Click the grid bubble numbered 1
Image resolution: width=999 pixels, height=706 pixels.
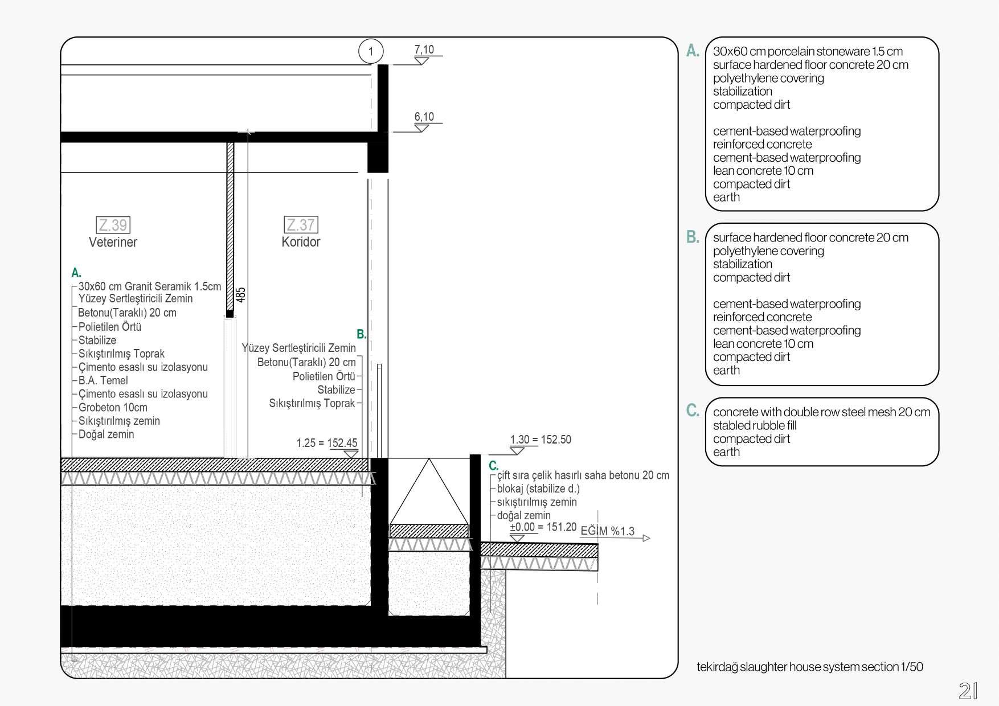371,51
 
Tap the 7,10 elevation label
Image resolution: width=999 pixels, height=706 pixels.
424,50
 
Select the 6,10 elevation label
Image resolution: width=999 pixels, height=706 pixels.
424,117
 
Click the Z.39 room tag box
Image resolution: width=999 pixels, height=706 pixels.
113,225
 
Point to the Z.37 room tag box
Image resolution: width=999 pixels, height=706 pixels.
301,225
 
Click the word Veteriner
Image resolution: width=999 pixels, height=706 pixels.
113,242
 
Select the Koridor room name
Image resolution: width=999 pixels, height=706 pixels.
301,242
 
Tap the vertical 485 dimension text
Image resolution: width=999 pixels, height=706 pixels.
241,294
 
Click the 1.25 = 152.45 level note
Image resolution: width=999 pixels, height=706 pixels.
327,443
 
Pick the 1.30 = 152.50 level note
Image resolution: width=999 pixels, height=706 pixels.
541,440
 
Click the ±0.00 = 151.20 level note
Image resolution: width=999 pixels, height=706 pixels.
543,527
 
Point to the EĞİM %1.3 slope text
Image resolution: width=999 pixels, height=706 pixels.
607,531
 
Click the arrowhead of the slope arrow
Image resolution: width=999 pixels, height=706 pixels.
646,538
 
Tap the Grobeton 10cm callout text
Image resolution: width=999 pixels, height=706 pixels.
113,408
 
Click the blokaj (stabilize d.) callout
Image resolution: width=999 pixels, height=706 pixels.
538,489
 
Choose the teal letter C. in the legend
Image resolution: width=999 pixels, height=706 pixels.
693,410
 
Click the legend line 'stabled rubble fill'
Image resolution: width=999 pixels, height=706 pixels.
755,425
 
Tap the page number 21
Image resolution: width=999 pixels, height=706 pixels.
968,691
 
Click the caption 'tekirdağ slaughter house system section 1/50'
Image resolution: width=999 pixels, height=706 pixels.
810,667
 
